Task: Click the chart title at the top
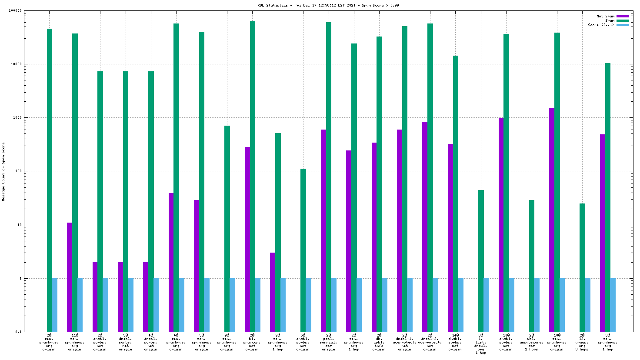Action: [x=328, y=5]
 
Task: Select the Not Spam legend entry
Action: [x=605, y=16]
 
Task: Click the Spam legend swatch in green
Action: [x=623, y=20]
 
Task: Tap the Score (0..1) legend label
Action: [x=601, y=25]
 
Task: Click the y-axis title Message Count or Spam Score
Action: [x=3, y=171]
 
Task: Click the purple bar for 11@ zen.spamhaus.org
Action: [x=70, y=277]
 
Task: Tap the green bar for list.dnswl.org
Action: [x=481, y=261]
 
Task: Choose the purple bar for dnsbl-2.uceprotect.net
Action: [x=425, y=226]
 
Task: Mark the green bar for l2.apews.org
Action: [x=582, y=267]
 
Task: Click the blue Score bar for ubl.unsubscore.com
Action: [x=537, y=305]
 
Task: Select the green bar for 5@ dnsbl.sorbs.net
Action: [x=303, y=250]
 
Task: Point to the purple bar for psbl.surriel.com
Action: [x=323, y=230]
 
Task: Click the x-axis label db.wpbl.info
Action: [x=379, y=342]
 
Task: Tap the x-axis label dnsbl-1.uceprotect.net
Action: [x=404, y=342]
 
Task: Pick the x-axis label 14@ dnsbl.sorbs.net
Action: [x=455, y=342]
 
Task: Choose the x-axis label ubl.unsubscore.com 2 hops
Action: [x=531, y=342]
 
